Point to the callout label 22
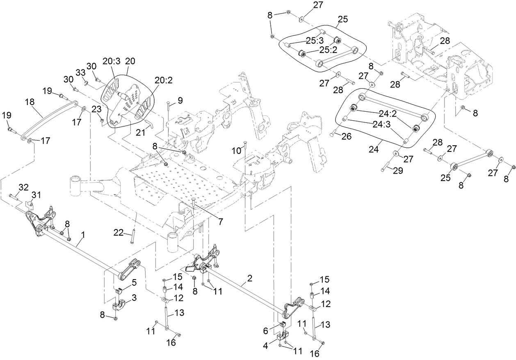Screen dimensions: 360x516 tap(118, 233)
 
